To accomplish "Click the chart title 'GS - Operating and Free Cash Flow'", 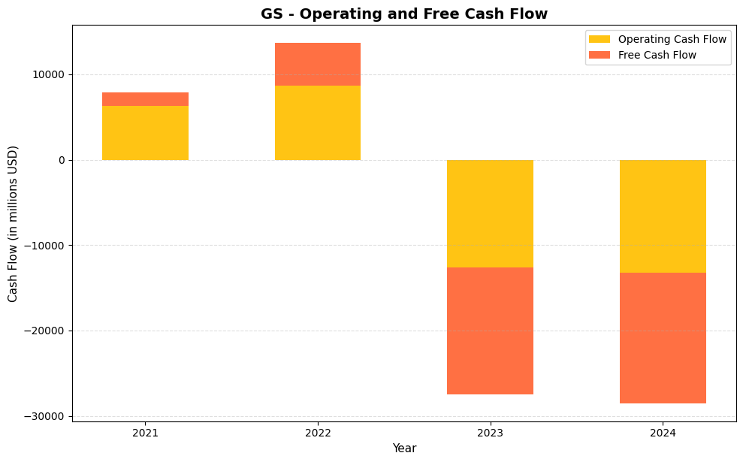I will (x=404, y=14).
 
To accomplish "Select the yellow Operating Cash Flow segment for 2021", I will (x=145, y=133).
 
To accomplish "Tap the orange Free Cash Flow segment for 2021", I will (x=145, y=99).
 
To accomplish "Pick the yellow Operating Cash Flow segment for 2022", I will (x=317, y=122).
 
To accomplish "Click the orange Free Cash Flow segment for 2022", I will (x=317, y=65).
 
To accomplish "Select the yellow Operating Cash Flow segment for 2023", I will (x=490, y=213).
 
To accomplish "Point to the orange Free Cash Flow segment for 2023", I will (x=490, y=331).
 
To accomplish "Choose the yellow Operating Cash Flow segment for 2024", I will (x=662, y=216).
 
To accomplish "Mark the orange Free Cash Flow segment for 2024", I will (x=662, y=338).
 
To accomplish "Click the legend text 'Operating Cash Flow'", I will (x=672, y=39).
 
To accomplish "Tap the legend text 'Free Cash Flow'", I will (x=657, y=55).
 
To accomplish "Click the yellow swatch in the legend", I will (x=600, y=39).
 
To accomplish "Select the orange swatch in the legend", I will (x=600, y=55).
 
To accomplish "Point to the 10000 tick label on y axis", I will (x=48, y=74).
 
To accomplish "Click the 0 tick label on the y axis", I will (x=61, y=160).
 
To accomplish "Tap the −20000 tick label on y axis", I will (x=44, y=331).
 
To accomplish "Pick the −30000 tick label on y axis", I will (x=44, y=416).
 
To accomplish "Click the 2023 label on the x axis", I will (x=490, y=433).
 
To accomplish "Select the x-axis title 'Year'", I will (x=404, y=448).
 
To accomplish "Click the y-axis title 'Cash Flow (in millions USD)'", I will (x=14, y=223).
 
